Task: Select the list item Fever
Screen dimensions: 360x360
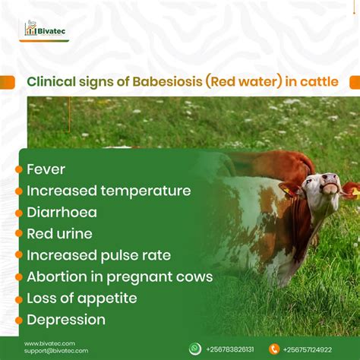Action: [46, 169]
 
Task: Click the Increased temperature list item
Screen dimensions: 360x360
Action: [108, 190]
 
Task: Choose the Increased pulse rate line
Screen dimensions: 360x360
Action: [99, 254]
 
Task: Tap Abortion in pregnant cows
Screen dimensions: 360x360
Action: [119, 276]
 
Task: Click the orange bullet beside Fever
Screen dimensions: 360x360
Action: [19, 169]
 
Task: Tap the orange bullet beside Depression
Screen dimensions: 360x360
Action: [19, 320]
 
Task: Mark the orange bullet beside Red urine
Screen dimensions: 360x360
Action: [19, 234]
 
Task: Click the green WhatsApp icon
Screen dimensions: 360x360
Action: [195, 349]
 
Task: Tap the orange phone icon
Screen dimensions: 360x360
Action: [274, 349]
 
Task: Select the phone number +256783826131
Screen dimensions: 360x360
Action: [231, 349]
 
